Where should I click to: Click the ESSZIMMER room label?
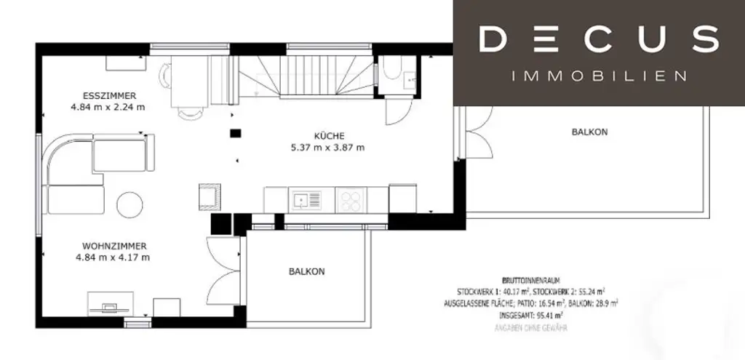click(x=109, y=95)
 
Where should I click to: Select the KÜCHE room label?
click(x=328, y=135)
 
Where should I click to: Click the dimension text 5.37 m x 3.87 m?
click(x=328, y=147)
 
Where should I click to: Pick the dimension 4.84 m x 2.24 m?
click(x=108, y=107)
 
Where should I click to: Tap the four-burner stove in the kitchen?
click(x=351, y=199)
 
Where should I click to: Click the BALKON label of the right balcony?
click(x=589, y=132)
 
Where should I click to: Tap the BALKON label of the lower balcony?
click(x=306, y=271)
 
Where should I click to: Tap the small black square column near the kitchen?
click(x=234, y=132)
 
